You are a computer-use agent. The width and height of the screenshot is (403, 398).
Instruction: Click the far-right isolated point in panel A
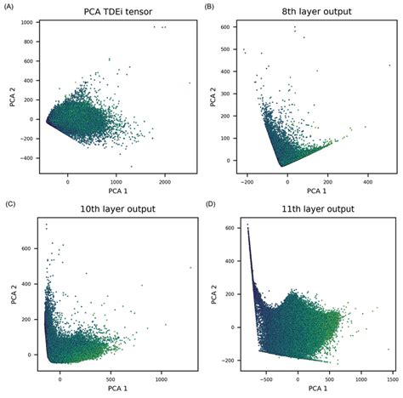pyautogui.click(x=189, y=82)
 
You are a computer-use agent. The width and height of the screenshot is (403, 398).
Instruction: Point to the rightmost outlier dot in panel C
pyautogui.click(x=190, y=267)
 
